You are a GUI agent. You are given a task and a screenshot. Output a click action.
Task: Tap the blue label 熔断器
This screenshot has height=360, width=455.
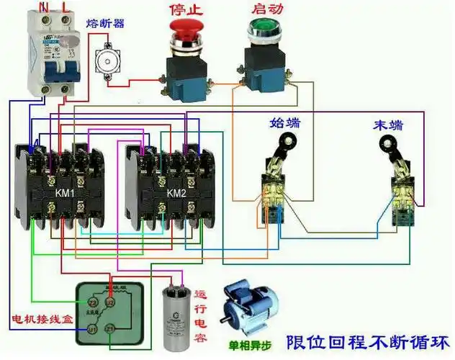[x=105, y=24]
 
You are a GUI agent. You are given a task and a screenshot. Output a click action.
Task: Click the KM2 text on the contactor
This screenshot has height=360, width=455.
[x=176, y=194]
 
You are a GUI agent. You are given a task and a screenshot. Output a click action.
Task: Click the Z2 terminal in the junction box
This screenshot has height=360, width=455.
[x=92, y=302]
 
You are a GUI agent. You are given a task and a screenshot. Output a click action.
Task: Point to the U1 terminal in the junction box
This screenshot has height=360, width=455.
[x=91, y=328]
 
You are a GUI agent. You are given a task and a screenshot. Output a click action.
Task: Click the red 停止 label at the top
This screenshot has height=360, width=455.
[x=184, y=9]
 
